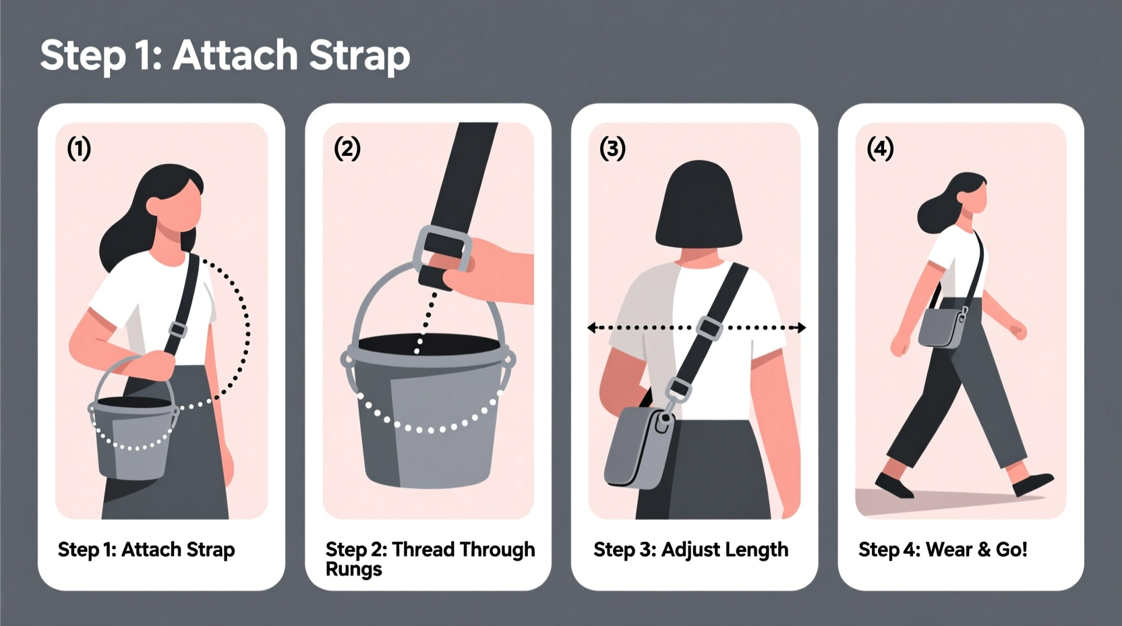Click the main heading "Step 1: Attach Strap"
225,55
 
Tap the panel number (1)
79,148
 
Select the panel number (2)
347,148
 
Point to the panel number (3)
612,148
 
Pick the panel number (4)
880,148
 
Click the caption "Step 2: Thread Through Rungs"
430,559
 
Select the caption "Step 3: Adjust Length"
690,550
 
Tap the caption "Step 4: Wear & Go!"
943,550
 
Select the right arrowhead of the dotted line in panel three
801,328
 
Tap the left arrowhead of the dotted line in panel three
592,328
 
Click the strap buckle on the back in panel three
709,328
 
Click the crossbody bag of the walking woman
943,327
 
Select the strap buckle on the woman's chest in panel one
177,330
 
